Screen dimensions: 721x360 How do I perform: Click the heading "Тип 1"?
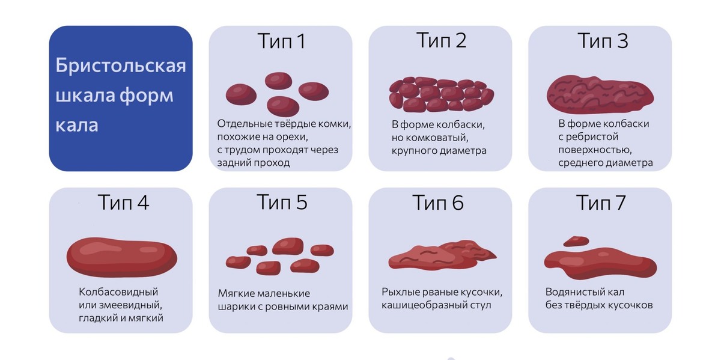click(x=281, y=41)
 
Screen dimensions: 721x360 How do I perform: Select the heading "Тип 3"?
click(x=602, y=41)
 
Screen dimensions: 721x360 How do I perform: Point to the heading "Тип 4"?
click(x=123, y=203)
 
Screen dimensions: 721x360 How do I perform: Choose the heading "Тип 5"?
click(x=282, y=203)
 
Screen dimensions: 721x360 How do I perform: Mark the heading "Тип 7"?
click(x=601, y=203)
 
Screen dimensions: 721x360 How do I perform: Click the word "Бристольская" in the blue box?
click(x=121, y=66)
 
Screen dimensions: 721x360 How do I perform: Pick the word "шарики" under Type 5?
click(x=234, y=307)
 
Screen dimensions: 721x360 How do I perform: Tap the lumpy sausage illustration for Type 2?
click(x=441, y=94)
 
